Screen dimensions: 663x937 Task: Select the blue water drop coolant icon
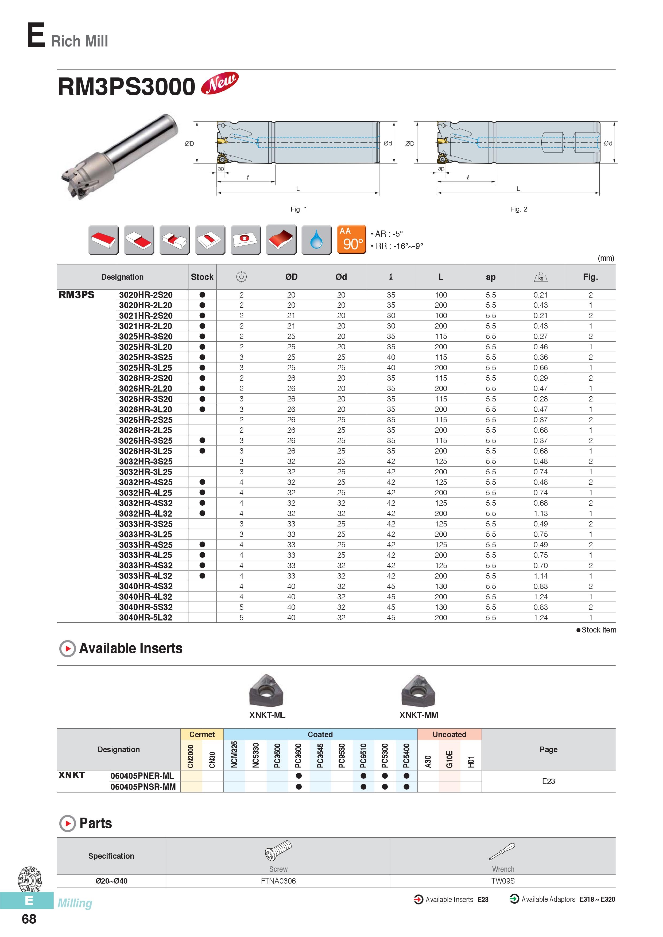[316, 240]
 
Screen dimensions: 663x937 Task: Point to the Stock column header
[202, 277]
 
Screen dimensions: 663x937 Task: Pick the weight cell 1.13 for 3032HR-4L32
[541, 513]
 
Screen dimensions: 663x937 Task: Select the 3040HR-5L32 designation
[146, 618]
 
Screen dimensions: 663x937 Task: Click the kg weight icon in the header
[541, 277]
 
